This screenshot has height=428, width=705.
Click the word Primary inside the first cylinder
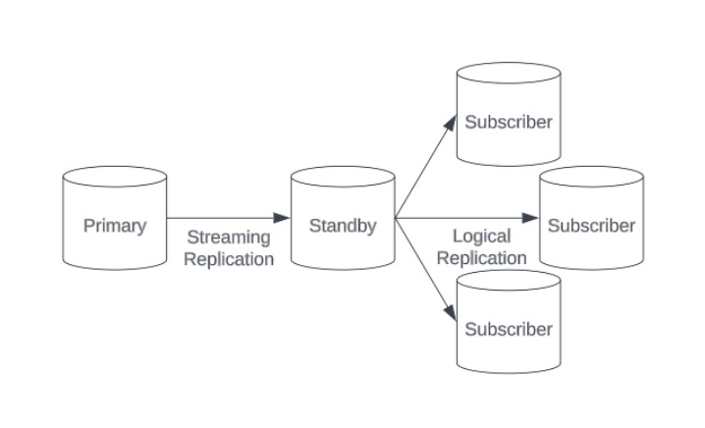(x=115, y=226)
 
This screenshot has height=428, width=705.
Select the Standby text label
(x=343, y=226)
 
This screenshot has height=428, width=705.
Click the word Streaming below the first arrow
(x=228, y=238)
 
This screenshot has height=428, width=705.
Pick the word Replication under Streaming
(x=228, y=259)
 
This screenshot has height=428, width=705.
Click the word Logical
(x=481, y=237)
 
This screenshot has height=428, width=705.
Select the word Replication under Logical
(x=481, y=258)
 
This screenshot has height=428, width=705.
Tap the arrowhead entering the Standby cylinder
(x=283, y=218)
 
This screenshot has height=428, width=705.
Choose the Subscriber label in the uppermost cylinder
(x=509, y=123)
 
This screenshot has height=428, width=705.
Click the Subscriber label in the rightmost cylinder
(x=591, y=226)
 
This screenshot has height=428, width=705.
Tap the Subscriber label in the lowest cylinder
(x=509, y=329)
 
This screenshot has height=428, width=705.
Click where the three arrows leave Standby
(x=396, y=218)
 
